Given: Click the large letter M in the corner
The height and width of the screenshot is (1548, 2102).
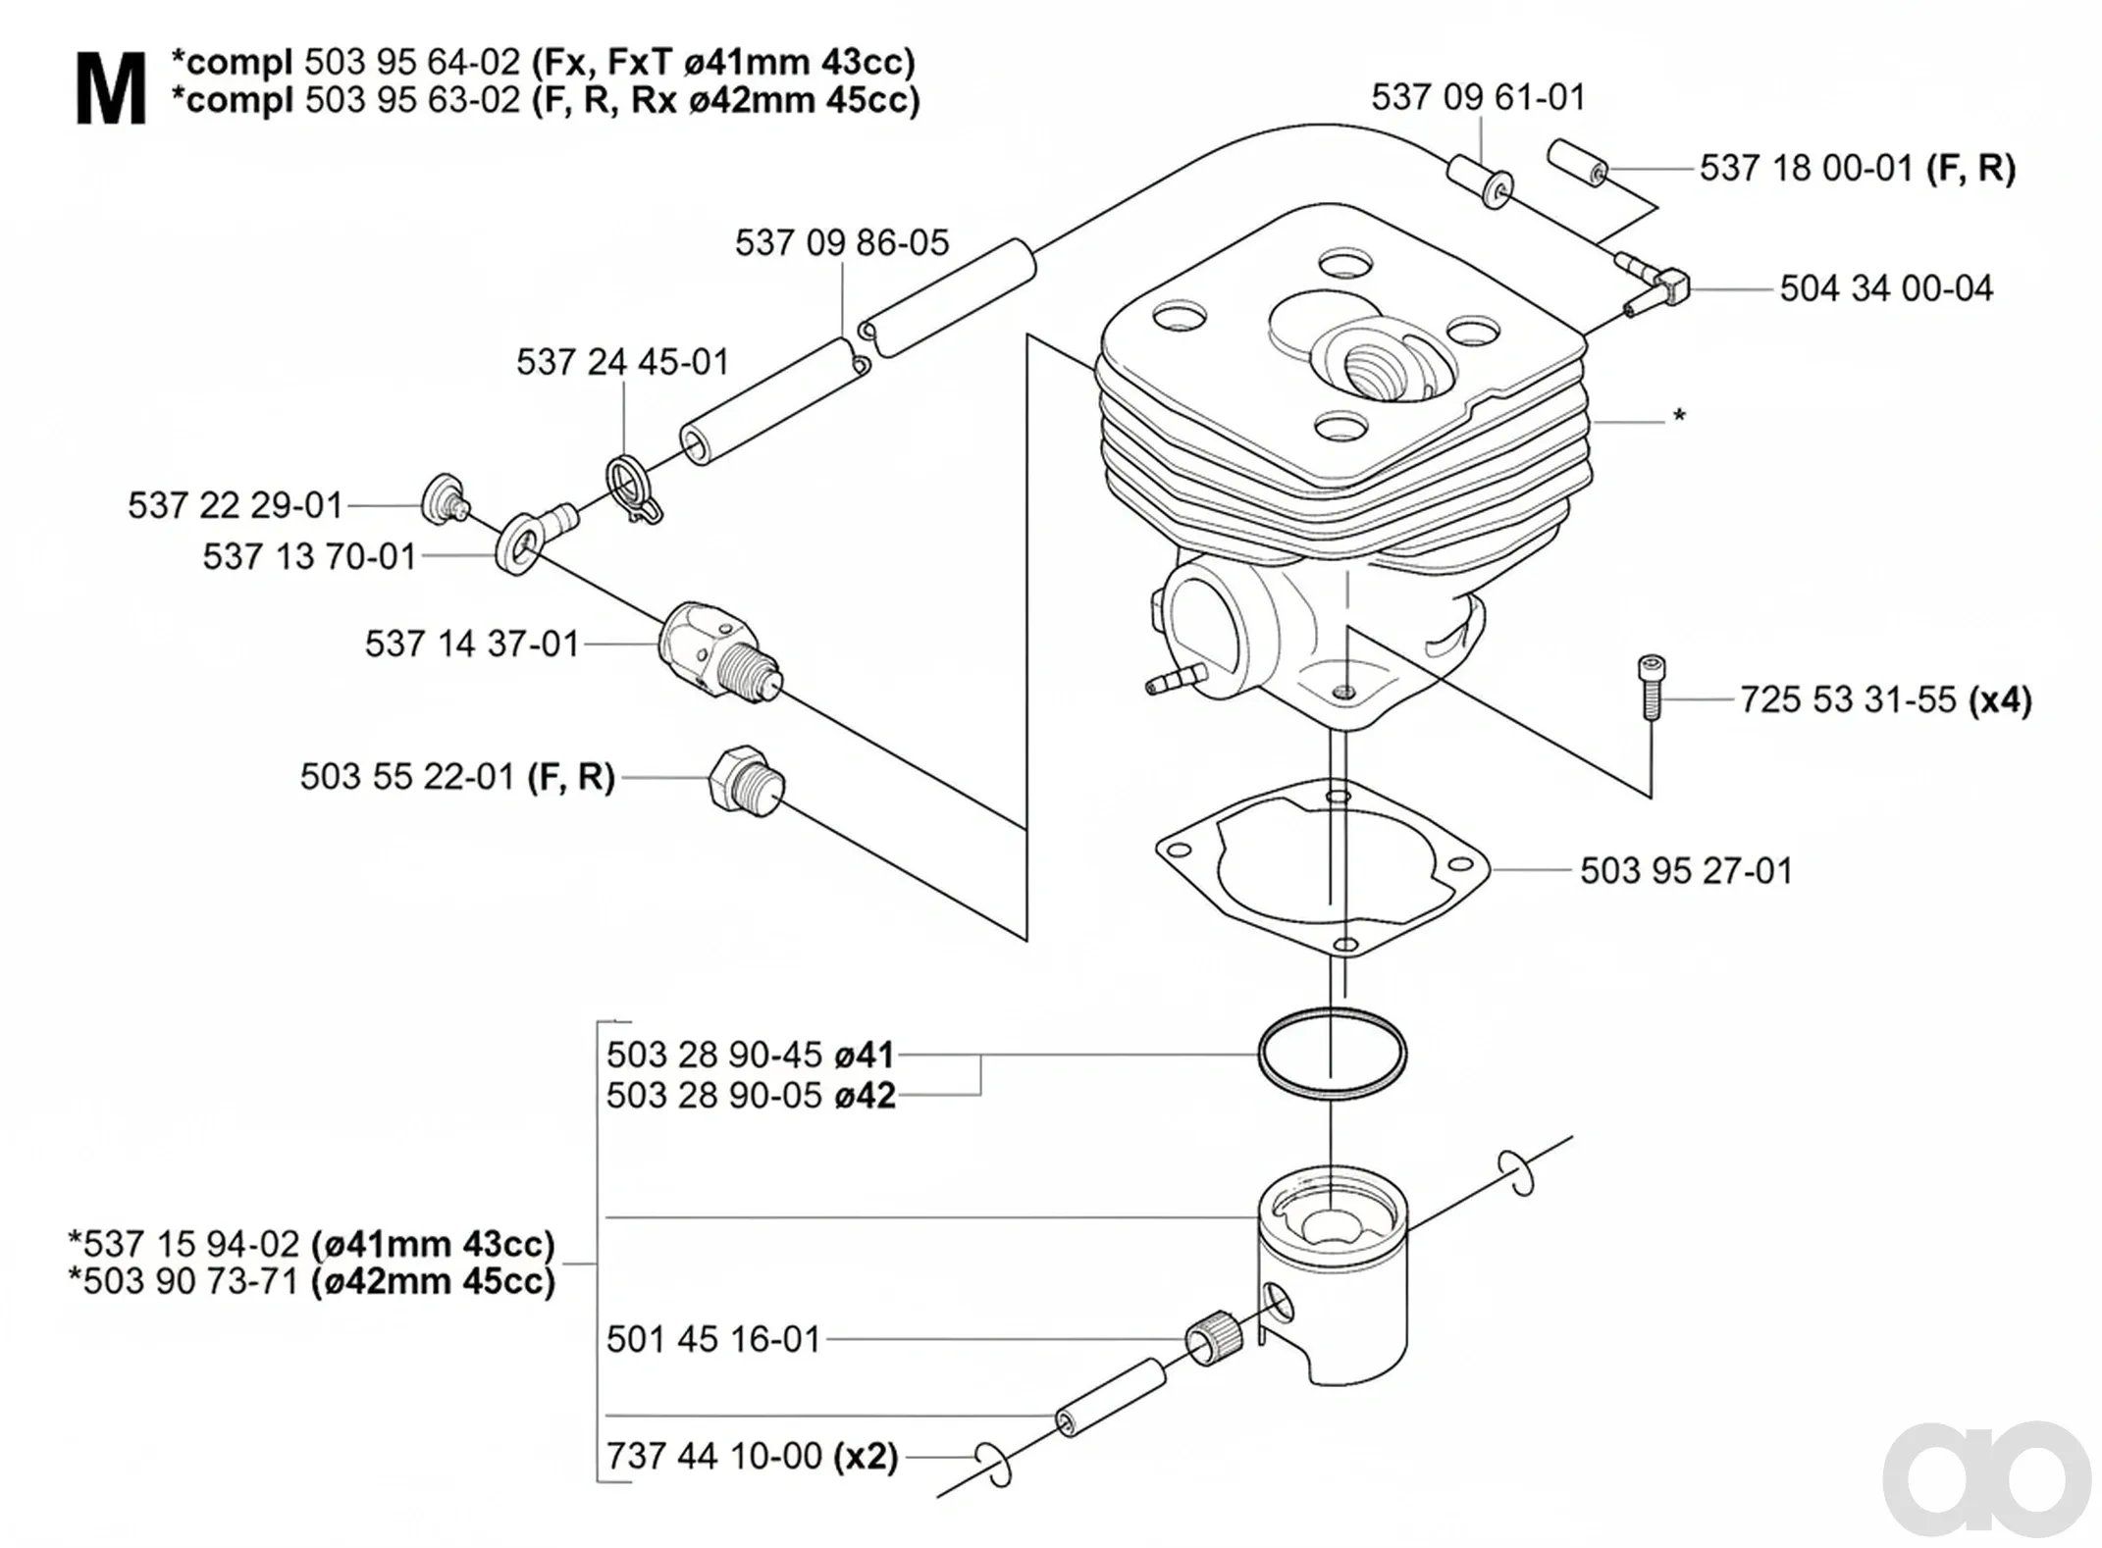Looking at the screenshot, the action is tap(110, 90).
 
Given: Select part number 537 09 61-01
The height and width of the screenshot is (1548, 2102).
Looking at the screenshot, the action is tap(1478, 97).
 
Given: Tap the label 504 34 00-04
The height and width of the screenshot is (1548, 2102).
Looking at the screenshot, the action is tap(1886, 288).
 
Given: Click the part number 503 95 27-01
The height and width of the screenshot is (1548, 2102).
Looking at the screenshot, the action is tap(1686, 871).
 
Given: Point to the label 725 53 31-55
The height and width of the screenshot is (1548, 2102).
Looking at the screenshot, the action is tap(1848, 700).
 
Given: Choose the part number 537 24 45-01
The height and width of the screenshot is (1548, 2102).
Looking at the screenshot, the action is tap(623, 362).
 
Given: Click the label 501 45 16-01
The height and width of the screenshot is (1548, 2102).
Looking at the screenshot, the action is tap(713, 1339).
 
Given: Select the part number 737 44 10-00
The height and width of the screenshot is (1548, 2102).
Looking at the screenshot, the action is tap(714, 1456).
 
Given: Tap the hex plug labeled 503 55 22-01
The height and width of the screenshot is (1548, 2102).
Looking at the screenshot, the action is tap(747, 780).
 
